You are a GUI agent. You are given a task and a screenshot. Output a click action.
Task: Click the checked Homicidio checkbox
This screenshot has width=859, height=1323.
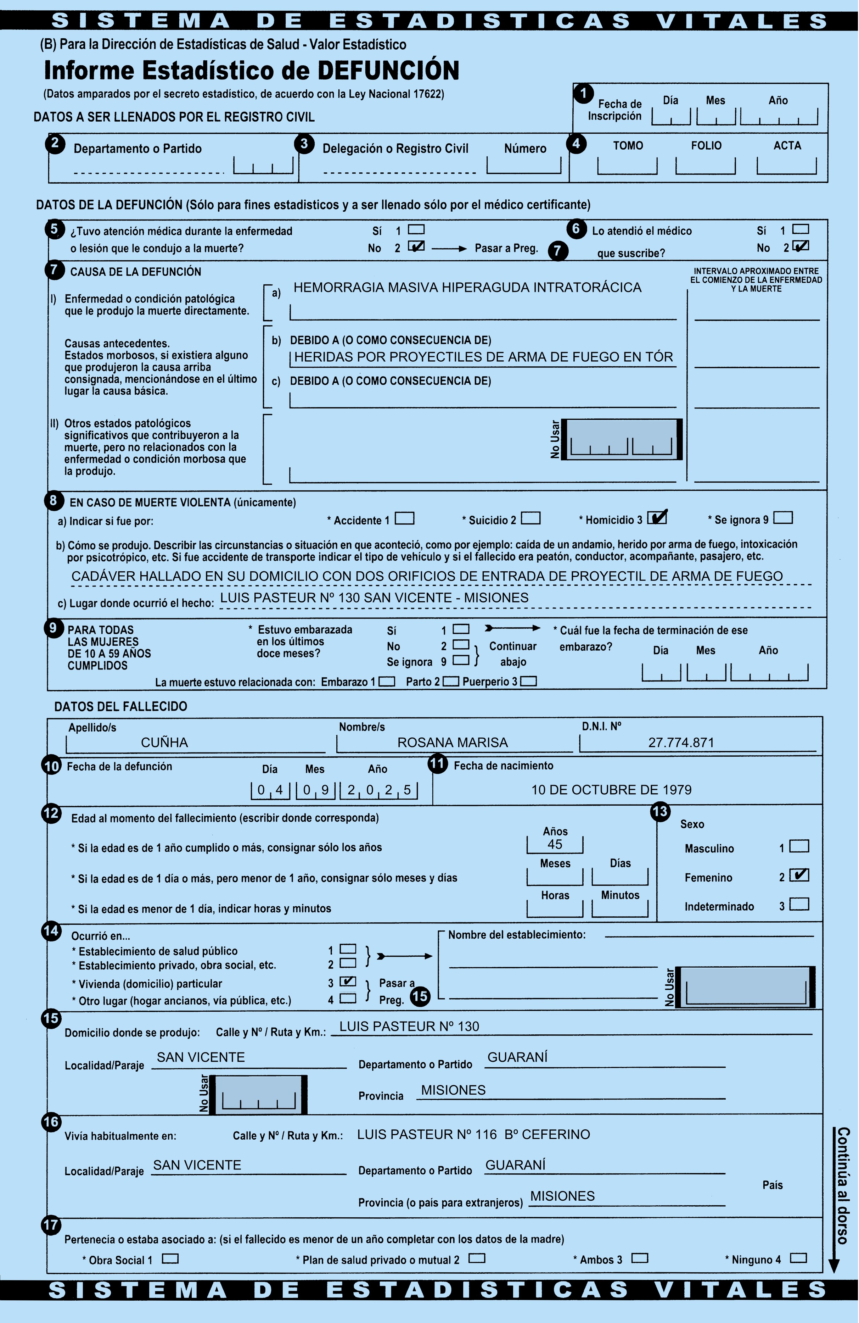[657, 517]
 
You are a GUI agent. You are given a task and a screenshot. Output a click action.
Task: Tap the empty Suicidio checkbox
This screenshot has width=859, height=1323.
[530, 518]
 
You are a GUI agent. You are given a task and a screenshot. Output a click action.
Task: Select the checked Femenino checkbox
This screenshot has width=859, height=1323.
[799, 875]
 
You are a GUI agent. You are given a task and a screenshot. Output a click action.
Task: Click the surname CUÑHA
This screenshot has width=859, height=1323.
[164, 742]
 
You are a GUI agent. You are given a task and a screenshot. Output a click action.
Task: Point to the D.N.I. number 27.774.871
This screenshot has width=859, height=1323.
[681, 742]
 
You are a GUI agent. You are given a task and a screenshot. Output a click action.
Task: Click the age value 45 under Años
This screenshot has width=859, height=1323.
[555, 844]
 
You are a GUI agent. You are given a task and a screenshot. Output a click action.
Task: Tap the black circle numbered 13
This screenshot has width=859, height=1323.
[659, 812]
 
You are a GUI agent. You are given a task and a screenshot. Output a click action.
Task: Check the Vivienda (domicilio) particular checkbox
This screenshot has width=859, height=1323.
[348, 981]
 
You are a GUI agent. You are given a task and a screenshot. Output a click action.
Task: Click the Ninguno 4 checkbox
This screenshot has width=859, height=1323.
[798, 1257]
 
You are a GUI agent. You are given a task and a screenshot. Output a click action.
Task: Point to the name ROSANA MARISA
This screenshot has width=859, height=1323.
[452, 742]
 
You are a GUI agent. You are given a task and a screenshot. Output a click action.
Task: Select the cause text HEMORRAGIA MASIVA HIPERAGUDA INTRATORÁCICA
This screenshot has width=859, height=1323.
[467, 287]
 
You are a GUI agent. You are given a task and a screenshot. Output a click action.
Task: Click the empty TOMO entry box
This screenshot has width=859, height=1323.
[627, 165]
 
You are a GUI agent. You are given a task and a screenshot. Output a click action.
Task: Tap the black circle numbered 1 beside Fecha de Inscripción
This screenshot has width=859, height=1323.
[583, 93]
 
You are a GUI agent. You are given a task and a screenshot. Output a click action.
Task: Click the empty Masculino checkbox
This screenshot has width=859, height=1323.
[799, 846]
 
